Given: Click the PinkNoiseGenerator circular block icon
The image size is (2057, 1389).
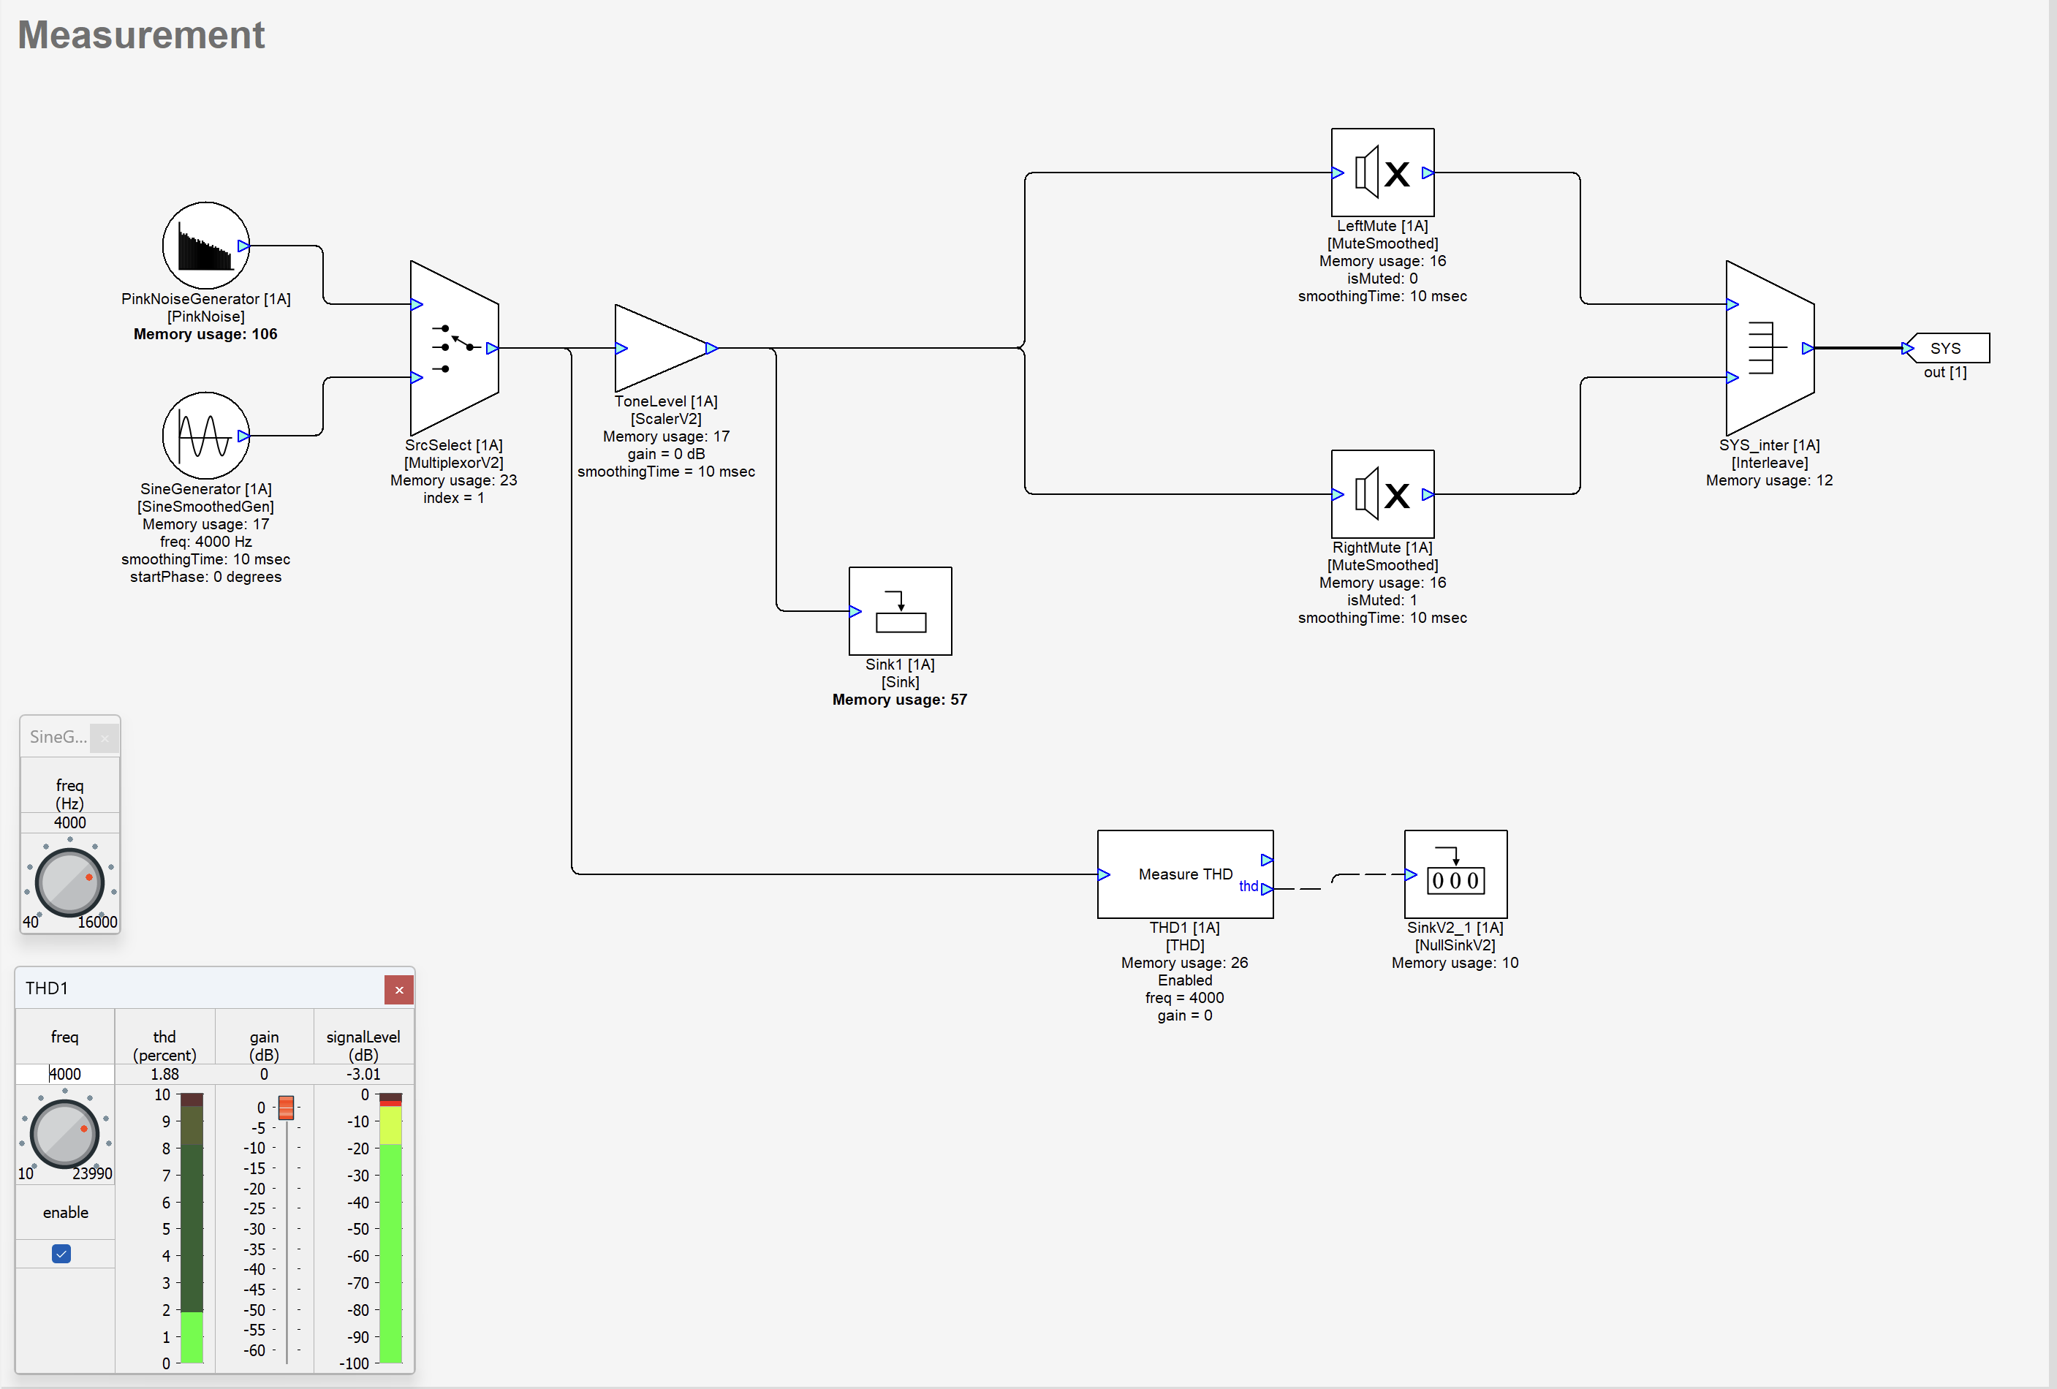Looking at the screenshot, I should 205,245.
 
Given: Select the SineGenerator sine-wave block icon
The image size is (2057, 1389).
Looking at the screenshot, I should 205,436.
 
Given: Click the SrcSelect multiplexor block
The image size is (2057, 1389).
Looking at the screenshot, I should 454,348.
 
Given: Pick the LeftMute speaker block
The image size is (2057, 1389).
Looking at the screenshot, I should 1382,173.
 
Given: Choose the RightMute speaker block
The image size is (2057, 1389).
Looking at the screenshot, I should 1382,494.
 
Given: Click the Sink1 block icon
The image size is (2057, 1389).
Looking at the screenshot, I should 900,611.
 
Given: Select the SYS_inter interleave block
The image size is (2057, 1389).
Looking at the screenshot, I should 1769,348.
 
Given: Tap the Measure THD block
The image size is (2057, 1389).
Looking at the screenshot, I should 1184,874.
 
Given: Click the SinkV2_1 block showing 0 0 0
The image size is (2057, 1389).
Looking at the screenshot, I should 1455,874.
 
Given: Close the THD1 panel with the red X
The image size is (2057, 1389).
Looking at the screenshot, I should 399,990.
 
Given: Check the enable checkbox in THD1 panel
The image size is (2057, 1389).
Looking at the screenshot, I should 61,1254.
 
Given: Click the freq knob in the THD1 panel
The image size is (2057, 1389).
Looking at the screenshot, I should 64,1132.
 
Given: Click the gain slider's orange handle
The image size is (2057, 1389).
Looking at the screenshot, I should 286,1108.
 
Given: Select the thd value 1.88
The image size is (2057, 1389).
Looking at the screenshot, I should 164,1074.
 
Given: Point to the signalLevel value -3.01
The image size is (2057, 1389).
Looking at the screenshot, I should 363,1074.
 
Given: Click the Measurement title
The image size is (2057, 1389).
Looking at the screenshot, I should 141,35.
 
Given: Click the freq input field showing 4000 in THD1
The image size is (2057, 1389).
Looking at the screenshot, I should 64,1074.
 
